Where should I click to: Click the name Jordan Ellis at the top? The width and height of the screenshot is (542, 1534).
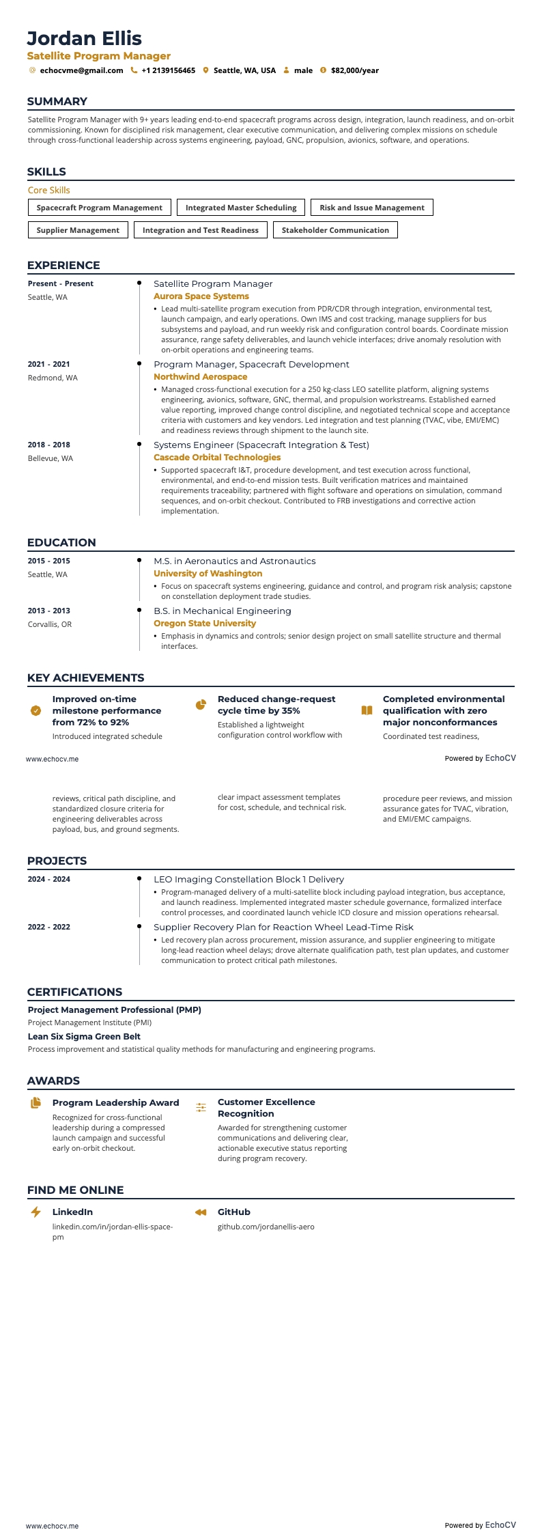(85, 38)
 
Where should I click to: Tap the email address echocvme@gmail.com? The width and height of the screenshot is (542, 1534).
(81, 70)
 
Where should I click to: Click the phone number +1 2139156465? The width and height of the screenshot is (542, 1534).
(168, 70)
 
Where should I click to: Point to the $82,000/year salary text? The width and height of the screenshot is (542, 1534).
(354, 70)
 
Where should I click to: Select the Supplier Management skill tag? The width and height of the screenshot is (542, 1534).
(78, 230)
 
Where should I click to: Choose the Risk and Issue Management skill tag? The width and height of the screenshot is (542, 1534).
(371, 208)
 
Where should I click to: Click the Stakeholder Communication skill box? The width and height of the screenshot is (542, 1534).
(335, 230)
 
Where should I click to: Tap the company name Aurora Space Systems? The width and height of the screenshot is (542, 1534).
(201, 296)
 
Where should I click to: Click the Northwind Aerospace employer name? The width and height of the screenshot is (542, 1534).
(200, 377)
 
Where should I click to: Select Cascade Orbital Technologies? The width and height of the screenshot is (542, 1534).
(217, 458)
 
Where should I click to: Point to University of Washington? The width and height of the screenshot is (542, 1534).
(208, 574)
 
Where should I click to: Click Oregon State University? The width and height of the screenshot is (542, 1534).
(204, 624)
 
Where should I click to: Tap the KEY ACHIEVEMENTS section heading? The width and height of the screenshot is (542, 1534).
(85, 678)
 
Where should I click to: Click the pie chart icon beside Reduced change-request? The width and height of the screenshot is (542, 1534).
(201, 705)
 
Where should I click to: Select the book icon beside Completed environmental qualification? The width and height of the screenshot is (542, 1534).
(367, 710)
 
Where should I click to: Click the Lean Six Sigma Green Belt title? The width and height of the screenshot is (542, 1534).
(84, 1036)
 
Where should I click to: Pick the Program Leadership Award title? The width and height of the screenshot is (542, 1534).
(115, 1102)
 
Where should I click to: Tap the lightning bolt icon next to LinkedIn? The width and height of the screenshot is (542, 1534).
(35, 1212)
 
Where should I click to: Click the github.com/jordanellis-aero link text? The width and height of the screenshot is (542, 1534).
(266, 1227)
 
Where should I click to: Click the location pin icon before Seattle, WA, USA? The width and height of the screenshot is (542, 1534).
(205, 70)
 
